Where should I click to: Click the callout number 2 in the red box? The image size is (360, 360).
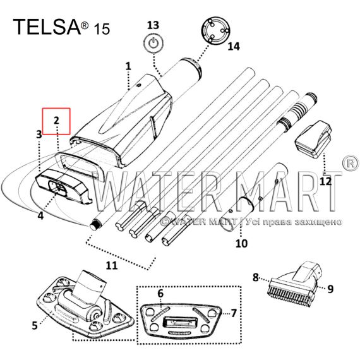tap(56, 120)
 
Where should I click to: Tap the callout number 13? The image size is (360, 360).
tap(153, 25)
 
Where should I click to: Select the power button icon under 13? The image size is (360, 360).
tap(153, 44)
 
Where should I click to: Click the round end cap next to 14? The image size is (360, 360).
tap(215, 30)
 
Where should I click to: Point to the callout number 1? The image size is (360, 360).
tap(128, 66)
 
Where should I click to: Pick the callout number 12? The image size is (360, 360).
tap(325, 182)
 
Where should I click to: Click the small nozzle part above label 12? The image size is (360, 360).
tap(313, 139)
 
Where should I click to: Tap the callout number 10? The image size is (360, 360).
tap(242, 243)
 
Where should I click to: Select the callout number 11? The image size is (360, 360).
tap(112, 265)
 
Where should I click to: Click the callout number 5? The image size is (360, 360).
tap(35, 325)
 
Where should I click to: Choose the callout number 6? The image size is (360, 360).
tap(160, 294)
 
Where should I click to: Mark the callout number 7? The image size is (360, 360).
tap(234, 313)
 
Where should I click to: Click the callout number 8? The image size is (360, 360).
tap(256, 277)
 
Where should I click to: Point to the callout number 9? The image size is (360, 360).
tap(330, 289)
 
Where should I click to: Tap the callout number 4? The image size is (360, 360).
tap(40, 216)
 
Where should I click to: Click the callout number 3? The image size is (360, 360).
tap(39, 135)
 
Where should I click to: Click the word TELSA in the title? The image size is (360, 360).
tap(47, 27)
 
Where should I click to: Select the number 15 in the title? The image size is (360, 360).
tap(102, 29)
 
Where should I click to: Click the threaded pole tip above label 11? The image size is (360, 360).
tap(94, 225)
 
